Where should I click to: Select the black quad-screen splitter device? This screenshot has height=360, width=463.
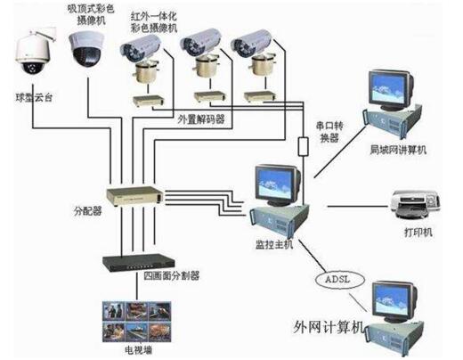point(134,263)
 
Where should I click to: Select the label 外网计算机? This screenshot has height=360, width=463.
point(333,327)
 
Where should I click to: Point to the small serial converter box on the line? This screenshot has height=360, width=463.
point(304,146)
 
